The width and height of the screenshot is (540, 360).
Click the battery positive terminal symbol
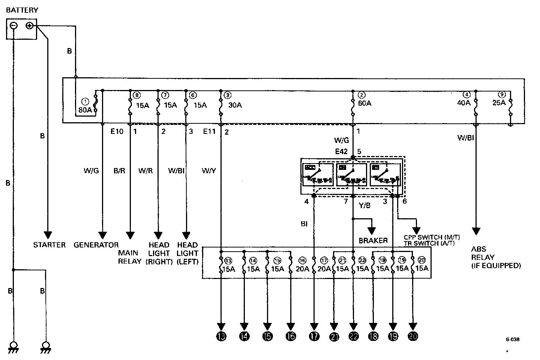[30, 25]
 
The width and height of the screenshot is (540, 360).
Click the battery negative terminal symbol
[13, 25]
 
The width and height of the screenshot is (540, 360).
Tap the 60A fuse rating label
[364, 103]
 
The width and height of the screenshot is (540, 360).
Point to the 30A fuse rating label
[235, 105]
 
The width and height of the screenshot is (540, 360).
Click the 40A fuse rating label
[463, 103]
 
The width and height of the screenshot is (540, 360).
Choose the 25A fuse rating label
[499, 103]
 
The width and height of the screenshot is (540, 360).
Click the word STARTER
[49, 245]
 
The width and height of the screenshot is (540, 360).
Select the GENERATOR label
[96, 245]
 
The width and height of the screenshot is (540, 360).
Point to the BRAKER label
[373, 240]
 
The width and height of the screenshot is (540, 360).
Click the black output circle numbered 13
[221, 336]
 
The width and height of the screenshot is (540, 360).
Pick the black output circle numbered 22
[353, 336]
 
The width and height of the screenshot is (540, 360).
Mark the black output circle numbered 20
[412, 336]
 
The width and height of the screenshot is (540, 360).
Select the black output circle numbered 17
[314, 336]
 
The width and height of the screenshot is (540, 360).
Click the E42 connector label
[341, 151]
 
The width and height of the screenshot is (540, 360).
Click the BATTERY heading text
[22, 10]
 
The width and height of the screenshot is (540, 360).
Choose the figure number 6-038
[513, 340]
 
